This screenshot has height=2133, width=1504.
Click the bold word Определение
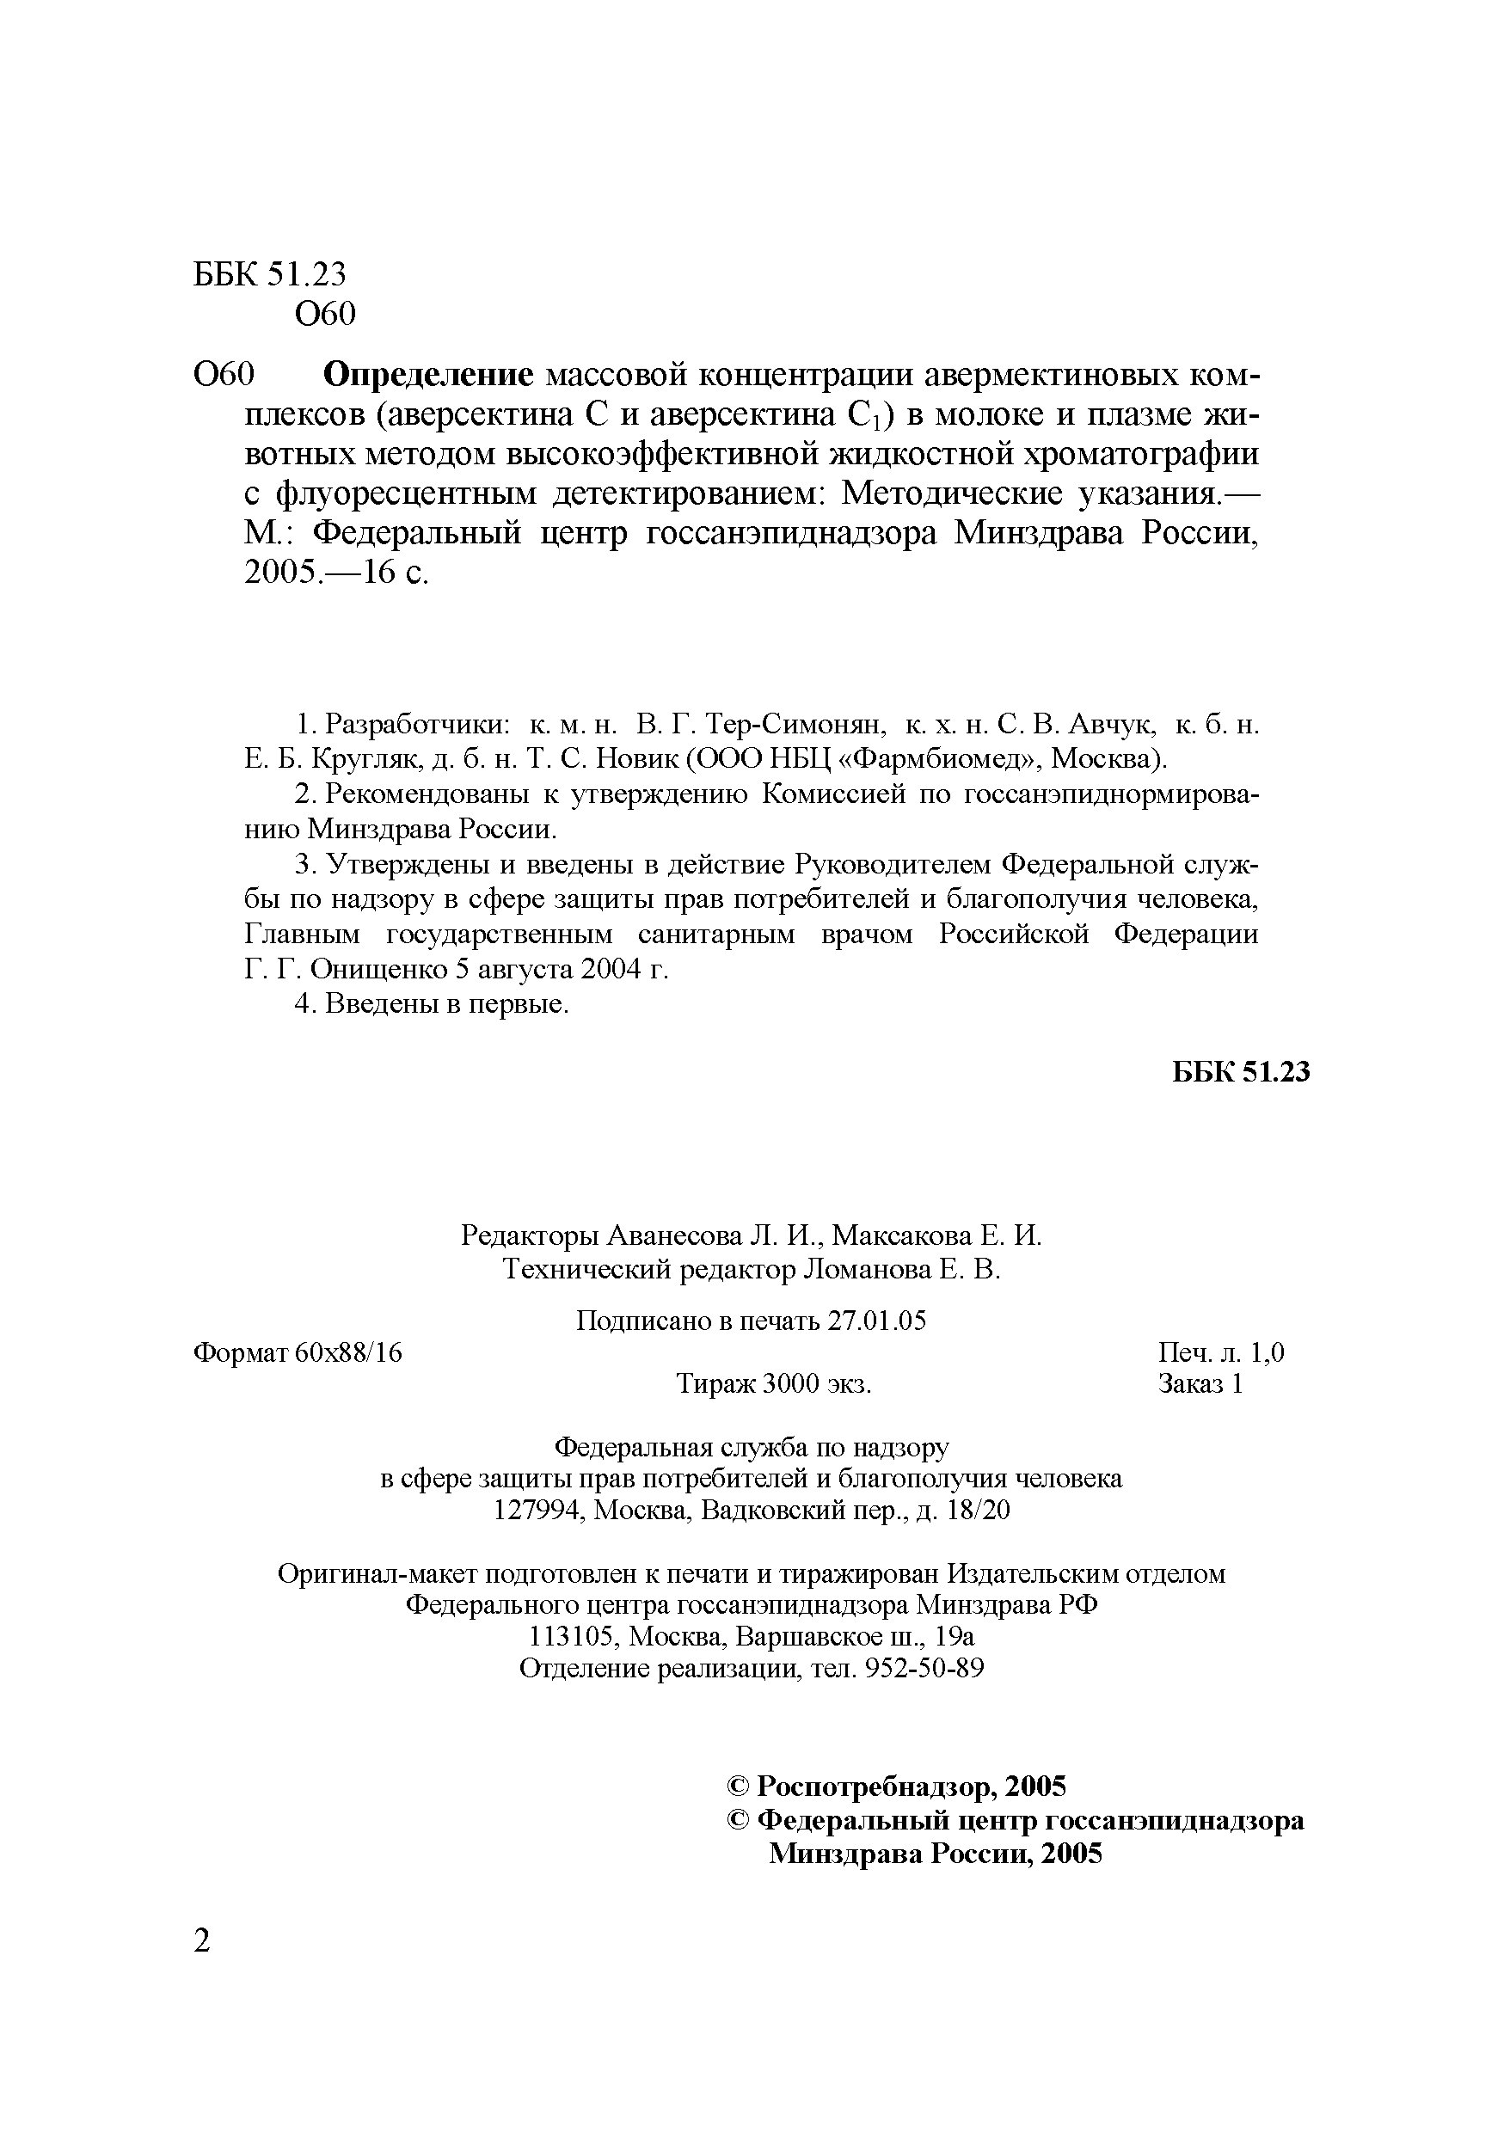coord(428,376)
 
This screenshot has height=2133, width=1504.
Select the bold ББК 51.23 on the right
coord(1240,1072)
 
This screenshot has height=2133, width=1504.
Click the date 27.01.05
coord(876,1321)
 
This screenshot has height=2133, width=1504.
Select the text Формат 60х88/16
coord(298,1352)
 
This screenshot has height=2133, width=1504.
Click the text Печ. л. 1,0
coord(1221,1352)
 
